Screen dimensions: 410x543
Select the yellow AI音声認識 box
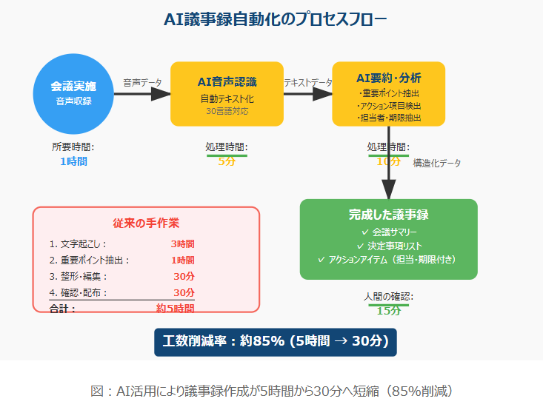227,94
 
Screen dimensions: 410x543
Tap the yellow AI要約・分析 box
388,94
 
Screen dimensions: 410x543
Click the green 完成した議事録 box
388,239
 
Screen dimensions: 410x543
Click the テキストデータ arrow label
308,83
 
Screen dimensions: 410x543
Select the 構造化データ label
436,163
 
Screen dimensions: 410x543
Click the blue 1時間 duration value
73,161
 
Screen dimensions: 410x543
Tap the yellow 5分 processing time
227,161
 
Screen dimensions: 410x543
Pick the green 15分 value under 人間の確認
388,310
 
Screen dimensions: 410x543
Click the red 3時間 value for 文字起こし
182,243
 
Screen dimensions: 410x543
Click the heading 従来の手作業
146,223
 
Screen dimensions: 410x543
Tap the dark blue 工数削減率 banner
276,343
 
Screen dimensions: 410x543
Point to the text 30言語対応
227,111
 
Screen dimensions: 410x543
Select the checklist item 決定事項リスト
388,246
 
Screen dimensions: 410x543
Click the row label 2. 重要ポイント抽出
90,260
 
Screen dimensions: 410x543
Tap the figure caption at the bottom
271,391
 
